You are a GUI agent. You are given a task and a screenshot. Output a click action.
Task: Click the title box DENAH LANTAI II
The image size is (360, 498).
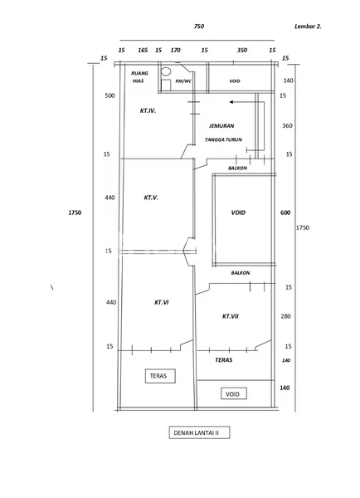click(197, 433)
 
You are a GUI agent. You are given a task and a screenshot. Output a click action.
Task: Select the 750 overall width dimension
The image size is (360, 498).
click(199, 27)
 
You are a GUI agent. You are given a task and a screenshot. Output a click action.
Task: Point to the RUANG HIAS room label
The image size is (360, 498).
click(140, 77)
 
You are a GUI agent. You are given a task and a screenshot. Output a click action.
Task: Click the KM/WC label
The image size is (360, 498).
click(182, 81)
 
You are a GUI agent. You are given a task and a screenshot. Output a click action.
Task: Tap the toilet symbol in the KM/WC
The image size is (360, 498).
click(165, 73)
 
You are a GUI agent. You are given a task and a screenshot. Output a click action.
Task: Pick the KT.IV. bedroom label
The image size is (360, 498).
click(148, 109)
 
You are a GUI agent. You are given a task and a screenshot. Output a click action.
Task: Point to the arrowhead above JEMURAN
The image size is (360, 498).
click(233, 103)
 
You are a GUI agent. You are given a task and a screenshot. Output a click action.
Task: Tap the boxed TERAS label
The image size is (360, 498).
click(158, 375)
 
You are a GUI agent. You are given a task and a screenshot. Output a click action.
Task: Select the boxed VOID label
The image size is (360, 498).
click(232, 394)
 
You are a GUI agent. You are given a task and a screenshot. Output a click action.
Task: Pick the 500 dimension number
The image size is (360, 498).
click(109, 95)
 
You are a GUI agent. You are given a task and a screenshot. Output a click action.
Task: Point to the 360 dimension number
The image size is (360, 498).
click(287, 125)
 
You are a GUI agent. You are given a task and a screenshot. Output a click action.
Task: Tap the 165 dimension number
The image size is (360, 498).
click(143, 51)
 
